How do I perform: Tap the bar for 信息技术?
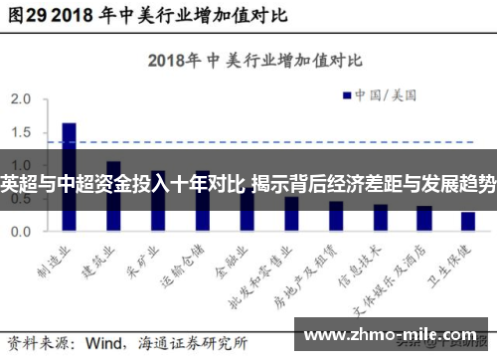pyautogui.click(x=380, y=217)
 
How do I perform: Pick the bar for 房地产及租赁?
pyautogui.click(x=335, y=215)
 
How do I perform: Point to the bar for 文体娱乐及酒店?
pyautogui.click(x=423, y=218)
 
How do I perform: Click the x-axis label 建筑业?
pyautogui.click(x=98, y=258)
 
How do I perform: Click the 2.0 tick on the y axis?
pyautogui.click(x=20, y=99)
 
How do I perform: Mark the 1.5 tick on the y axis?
pyautogui.click(x=20, y=132)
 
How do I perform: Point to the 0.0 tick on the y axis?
pyautogui.click(x=20, y=231)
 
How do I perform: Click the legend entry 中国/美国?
pyautogui.click(x=384, y=95)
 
